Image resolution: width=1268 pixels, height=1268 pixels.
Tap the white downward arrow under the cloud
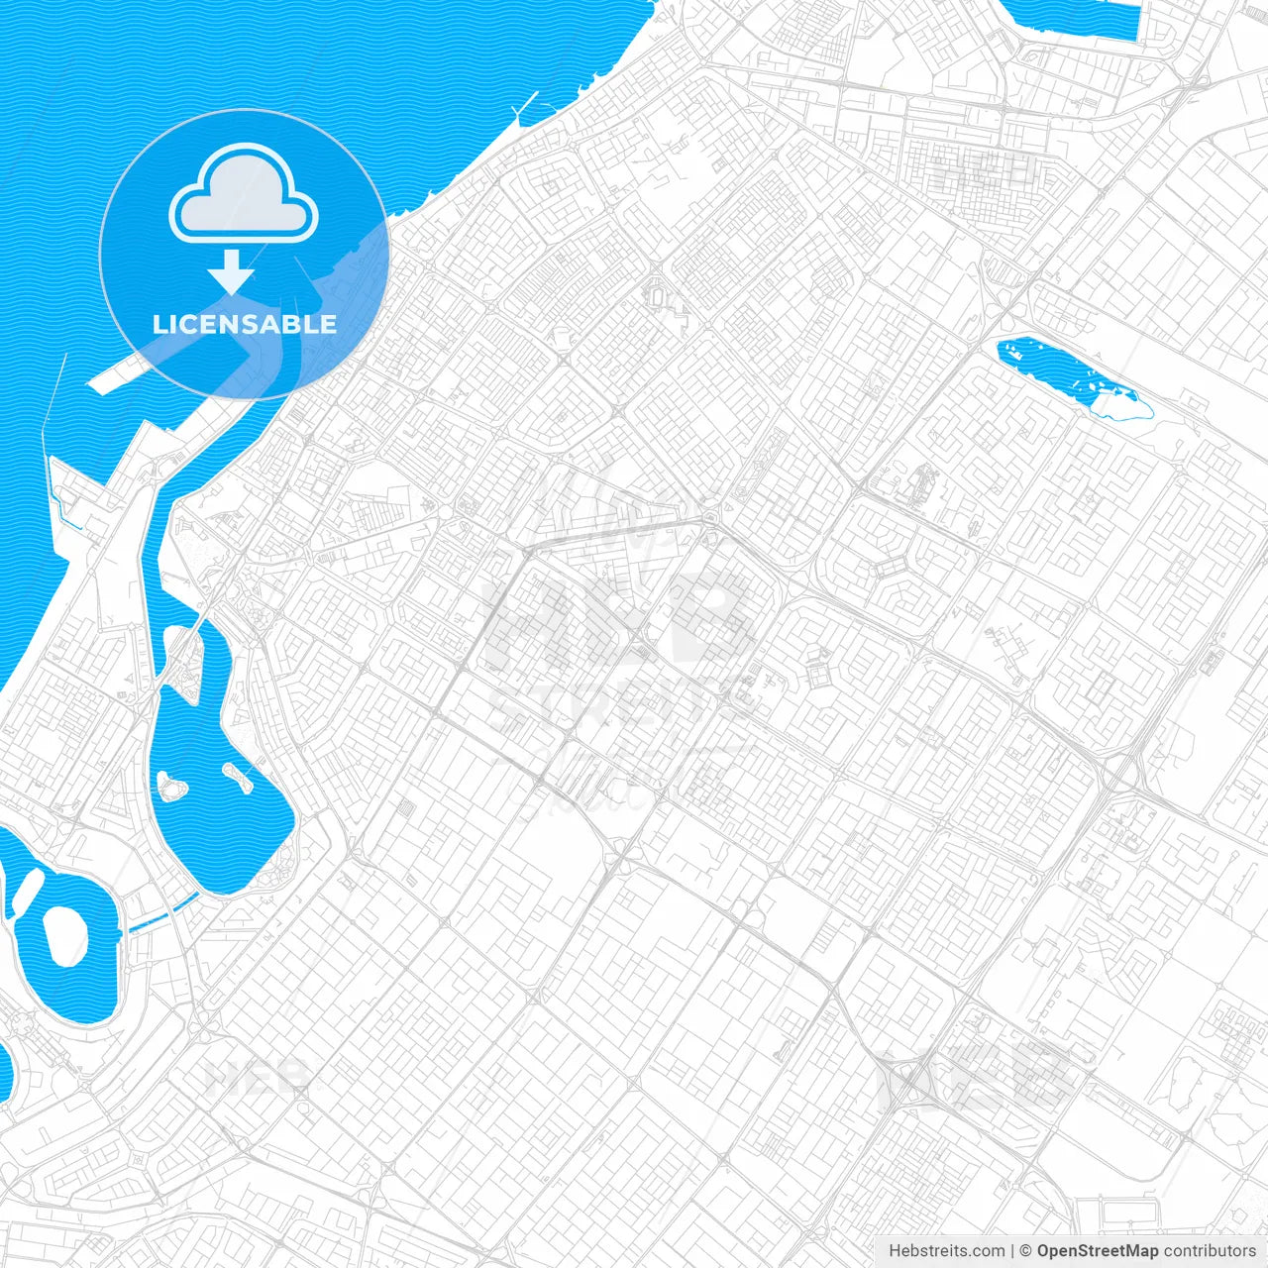tap(232, 270)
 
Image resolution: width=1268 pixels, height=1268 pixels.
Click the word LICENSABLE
tap(245, 324)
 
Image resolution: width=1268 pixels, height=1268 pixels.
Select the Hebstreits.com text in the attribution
tap(946, 1251)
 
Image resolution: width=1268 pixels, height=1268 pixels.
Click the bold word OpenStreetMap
tap(1097, 1251)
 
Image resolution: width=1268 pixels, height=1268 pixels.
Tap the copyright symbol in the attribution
tap(1025, 1251)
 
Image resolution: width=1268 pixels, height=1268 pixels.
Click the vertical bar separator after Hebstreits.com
tap(1012, 1251)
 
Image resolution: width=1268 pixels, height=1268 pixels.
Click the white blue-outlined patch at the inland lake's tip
tap(1124, 404)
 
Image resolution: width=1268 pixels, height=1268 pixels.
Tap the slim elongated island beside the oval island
tap(28, 892)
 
